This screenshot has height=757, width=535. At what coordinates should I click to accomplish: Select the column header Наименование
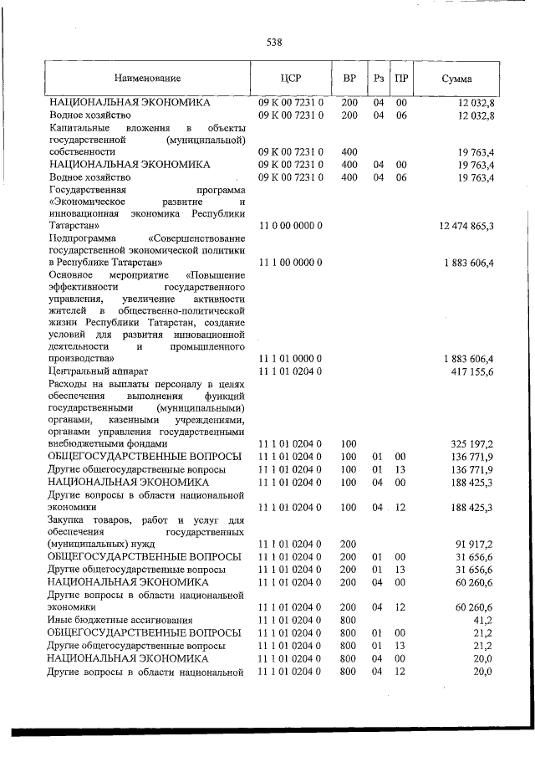pyautogui.click(x=148, y=79)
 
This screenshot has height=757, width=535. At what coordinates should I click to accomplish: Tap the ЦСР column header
pyautogui.click(x=290, y=79)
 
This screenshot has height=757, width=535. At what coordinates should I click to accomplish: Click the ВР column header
pyautogui.click(x=349, y=79)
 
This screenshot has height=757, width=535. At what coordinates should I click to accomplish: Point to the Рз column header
pyautogui.click(x=379, y=79)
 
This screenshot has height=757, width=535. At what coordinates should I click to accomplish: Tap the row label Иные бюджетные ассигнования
pyautogui.click(x=110, y=620)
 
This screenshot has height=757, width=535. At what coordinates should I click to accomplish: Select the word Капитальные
pyautogui.click(x=80, y=127)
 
